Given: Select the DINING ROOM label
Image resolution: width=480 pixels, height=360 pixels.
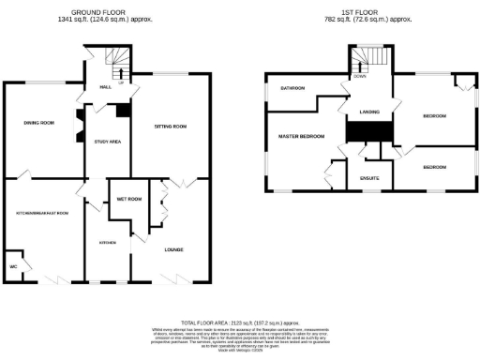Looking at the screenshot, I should pos(38,123).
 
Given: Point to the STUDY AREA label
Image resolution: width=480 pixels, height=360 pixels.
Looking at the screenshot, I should pos(109,142).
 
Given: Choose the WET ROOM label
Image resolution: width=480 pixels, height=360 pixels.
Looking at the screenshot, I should pos(128,200).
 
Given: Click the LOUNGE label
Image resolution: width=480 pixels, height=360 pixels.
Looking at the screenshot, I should pos(174,249).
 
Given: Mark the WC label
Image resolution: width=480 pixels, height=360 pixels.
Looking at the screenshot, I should pos(14,267).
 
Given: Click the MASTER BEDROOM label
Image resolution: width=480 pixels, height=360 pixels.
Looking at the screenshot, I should pos(301,137).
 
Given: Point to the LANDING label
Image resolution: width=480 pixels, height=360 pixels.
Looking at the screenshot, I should pos(369,112).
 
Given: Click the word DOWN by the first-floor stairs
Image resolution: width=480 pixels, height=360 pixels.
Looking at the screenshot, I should pos(360,77).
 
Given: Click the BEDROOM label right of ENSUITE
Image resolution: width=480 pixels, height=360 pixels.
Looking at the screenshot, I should pos(434,167).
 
